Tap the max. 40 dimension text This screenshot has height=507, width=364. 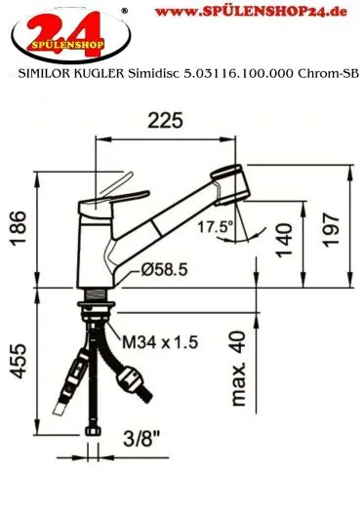tap(237, 369)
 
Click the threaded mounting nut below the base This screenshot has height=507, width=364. tap(95, 294)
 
